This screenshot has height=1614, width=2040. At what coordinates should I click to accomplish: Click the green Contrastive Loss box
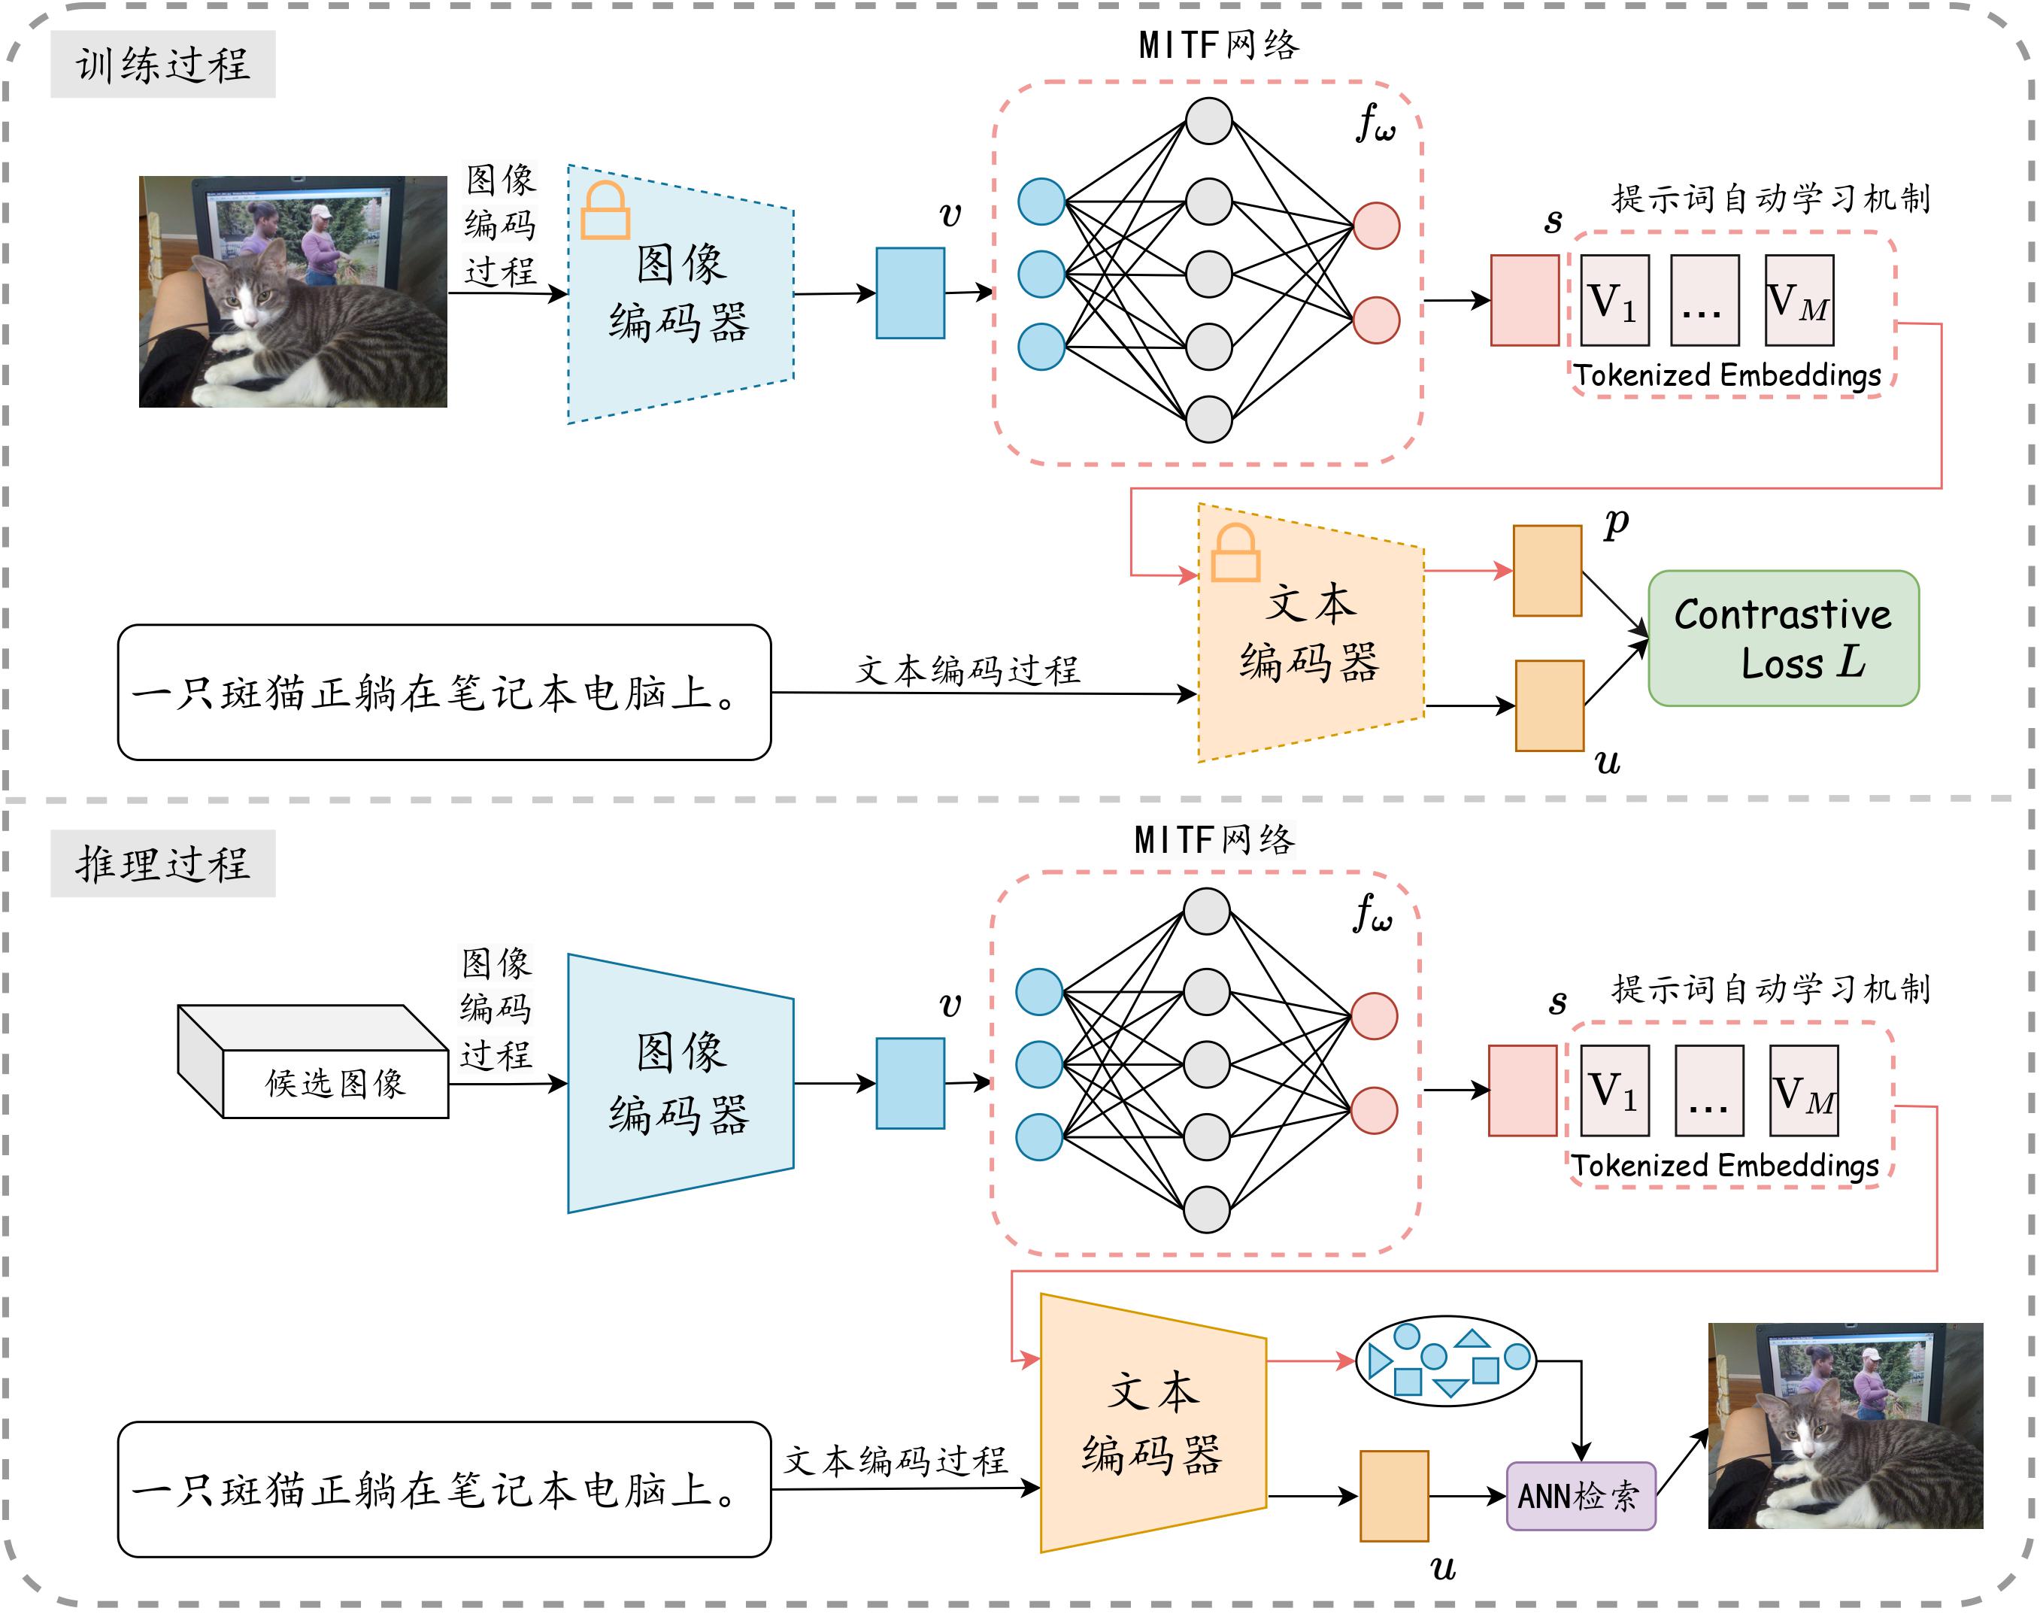(x=1782, y=638)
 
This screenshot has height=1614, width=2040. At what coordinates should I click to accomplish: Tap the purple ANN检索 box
(x=1580, y=1496)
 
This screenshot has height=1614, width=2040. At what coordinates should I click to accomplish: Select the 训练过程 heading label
(x=162, y=64)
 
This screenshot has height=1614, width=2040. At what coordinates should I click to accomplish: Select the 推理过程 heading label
(x=162, y=863)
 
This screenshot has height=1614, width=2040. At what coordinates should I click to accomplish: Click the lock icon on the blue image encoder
(x=605, y=211)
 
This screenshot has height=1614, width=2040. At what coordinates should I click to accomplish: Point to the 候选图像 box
(x=334, y=1082)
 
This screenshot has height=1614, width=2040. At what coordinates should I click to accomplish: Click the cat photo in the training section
(x=293, y=291)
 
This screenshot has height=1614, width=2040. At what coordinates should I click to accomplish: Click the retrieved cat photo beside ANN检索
(x=1844, y=1425)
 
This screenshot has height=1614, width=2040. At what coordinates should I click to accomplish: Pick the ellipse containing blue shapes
(x=1444, y=1361)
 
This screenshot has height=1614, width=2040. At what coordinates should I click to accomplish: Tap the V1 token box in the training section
(x=1614, y=301)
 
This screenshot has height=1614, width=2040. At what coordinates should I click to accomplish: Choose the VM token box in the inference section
(x=1803, y=1091)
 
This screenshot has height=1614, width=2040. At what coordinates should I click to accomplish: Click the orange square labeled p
(x=1547, y=571)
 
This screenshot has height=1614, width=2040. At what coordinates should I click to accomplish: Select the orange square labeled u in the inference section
(x=1393, y=1496)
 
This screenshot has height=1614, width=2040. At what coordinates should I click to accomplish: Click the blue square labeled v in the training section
(x=910, y=293)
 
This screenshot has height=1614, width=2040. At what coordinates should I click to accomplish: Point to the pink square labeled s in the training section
(x=1524, y=301)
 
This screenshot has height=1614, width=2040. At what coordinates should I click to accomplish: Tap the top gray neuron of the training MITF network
(x=1208, y=121)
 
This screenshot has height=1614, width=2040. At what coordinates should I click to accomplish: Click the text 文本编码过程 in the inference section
(x=895, y=1460)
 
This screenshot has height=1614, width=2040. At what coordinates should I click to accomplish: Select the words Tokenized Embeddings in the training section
(x=1727, y=375)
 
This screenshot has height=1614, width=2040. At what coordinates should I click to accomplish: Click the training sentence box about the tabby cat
(x=444, y=692)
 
